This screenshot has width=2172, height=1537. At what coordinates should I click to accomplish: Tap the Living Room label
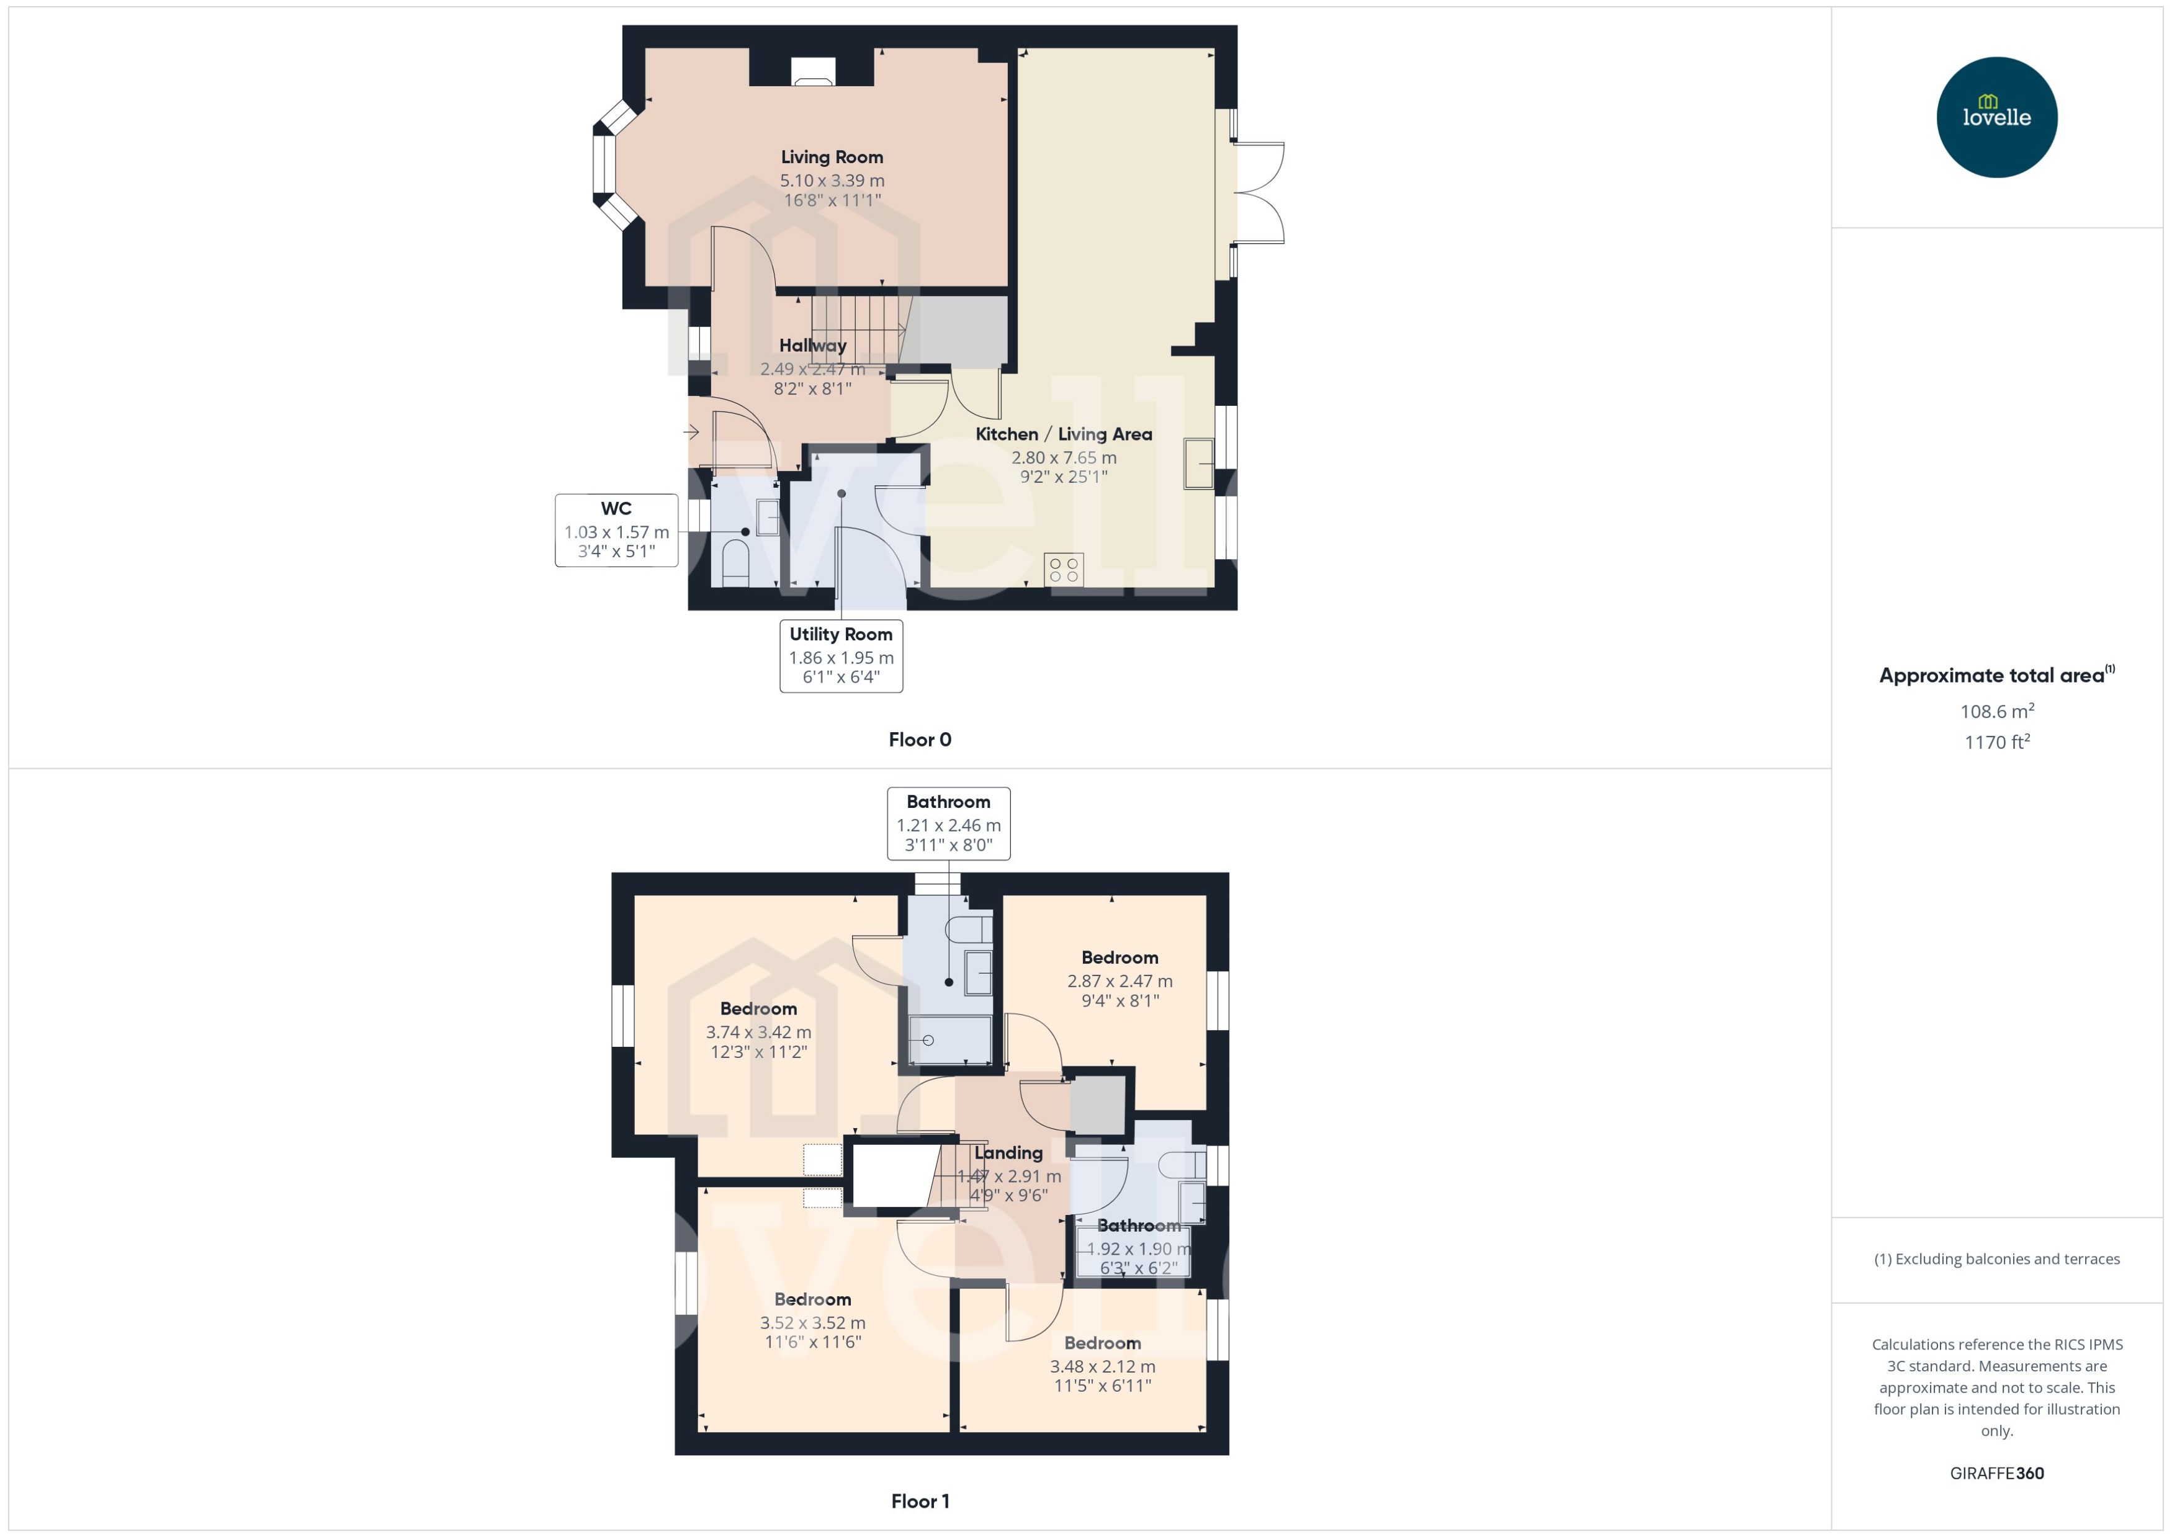[832, 157]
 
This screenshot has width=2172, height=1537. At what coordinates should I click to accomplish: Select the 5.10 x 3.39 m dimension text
[832, 180]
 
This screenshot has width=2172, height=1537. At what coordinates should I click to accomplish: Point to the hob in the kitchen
[1064, 570]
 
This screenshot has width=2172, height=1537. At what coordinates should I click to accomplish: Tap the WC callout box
[616, 530]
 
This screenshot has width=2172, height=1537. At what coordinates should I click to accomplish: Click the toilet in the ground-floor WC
[735, 563]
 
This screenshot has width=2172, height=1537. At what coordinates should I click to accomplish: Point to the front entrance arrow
[692, 432]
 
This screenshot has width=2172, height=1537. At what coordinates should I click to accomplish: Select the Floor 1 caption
[920, 1501]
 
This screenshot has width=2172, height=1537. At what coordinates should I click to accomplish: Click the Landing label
[1009, 1153]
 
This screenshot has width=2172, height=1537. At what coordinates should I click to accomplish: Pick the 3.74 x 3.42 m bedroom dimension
[758, 1033]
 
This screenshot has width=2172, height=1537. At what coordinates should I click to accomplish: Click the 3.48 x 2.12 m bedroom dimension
[1103, 1366]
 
